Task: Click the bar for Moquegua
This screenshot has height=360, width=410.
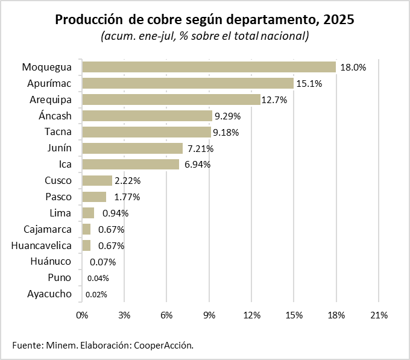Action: click(209, 67)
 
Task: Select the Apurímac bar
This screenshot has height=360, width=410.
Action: click(188, 83)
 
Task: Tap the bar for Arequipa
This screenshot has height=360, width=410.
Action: click(171, 99)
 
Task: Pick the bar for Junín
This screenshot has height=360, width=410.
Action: click(132, 148)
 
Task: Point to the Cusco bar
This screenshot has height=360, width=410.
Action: click(97, 180)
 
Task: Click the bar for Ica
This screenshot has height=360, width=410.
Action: click(130, 164)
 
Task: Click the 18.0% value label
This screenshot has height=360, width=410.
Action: click(353, 68)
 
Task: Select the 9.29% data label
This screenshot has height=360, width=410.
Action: click(227, 116)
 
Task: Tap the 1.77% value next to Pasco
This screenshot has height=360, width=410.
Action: click(127, 197)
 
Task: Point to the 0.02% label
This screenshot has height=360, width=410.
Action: click(96, 295)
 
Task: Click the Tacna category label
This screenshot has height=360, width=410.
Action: click(58, 131)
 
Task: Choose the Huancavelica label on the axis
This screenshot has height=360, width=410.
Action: click(42, 245)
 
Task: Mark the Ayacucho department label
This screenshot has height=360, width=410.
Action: click(49, 294)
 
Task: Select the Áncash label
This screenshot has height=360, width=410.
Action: click(55, 115)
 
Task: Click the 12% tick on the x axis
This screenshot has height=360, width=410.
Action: click(251, 315)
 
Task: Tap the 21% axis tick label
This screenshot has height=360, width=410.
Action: click(378, 315)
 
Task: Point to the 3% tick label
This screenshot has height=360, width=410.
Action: click(124, 315)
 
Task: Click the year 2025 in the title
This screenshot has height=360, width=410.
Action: click(338, 20)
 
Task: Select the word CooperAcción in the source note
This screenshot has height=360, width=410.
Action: click(165, 345)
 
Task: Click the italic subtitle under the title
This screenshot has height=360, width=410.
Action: click(205, 36)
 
